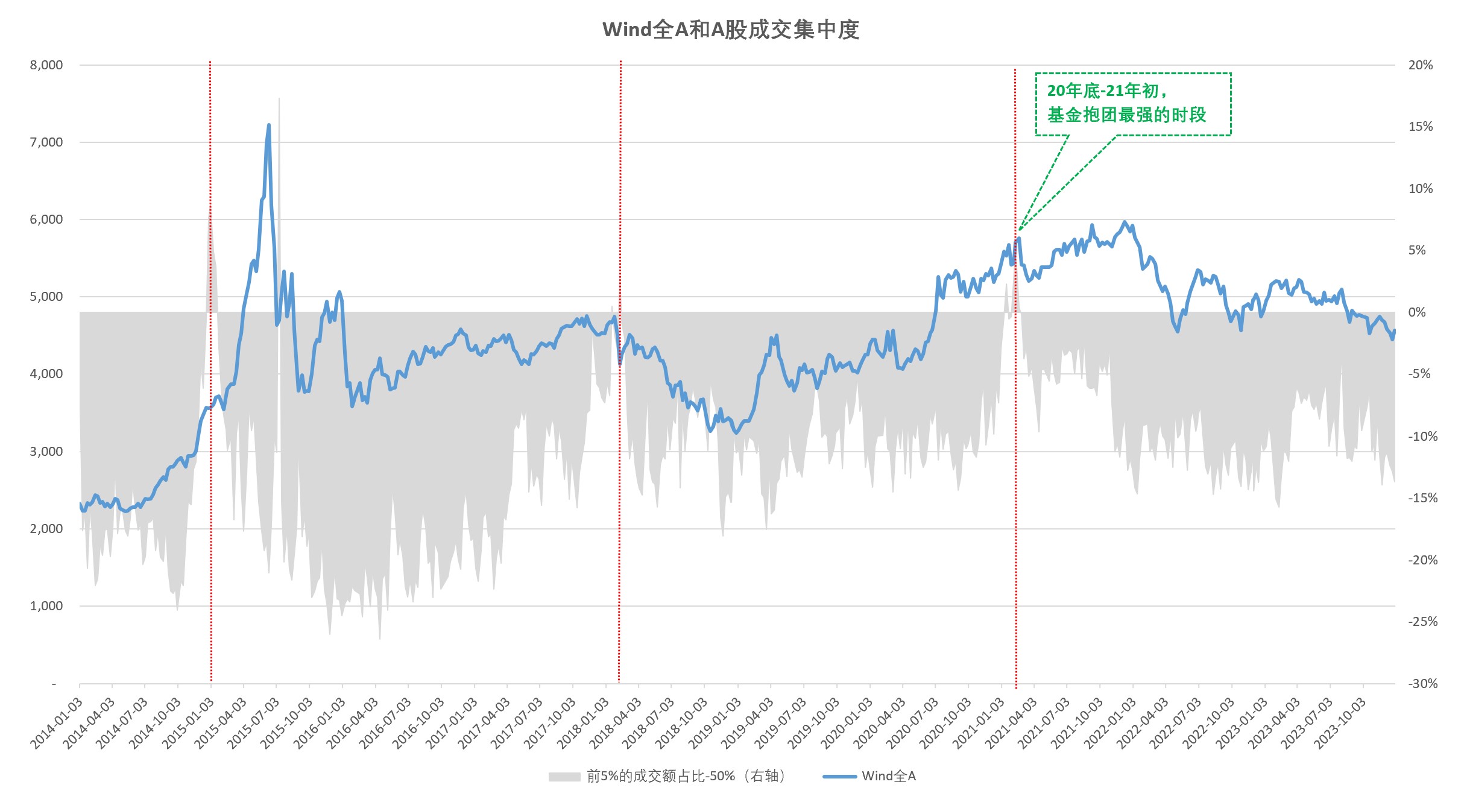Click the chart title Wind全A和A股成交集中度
click(x=731, y=30)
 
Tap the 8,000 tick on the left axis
click(x=46, y=65)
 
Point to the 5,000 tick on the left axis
click(x=46, y=297)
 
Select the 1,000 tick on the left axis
click(x=46, y=606)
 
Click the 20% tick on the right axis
click(x=1420, y=65)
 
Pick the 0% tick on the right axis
click(x=1417, y=312)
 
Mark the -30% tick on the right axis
click(x=1422, y=684)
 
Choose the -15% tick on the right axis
click(x=1422, y=498)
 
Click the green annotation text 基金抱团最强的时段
click(x=1126, y=115)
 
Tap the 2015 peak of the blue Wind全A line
click(x=269, y=125)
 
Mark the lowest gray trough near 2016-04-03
click(x=380, y=638)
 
